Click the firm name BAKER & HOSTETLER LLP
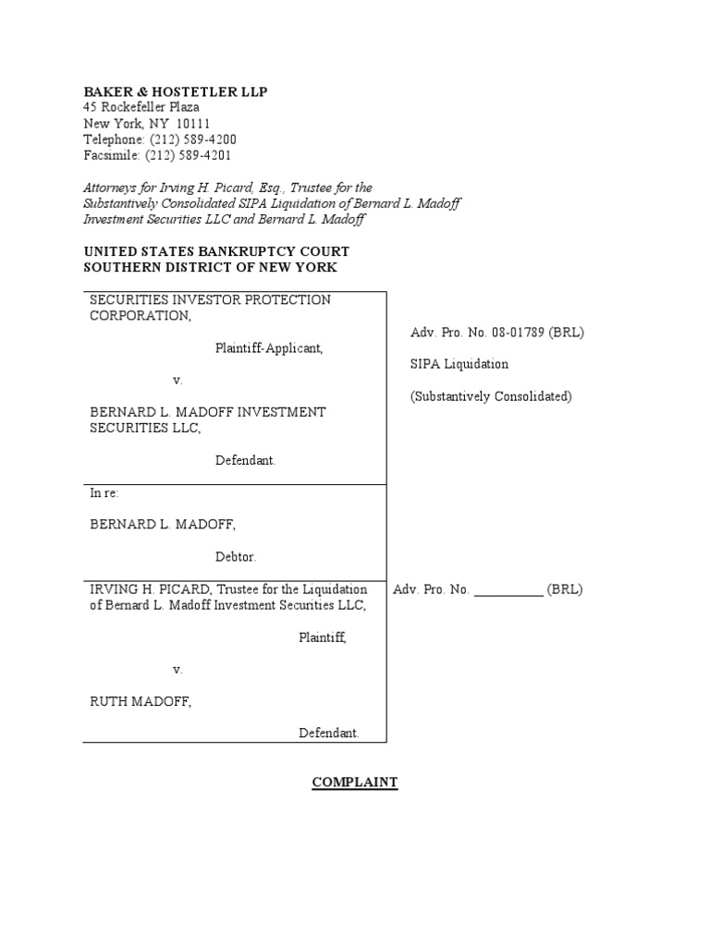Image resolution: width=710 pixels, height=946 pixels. [176, 91]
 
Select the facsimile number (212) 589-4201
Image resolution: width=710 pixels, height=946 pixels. [190, 156]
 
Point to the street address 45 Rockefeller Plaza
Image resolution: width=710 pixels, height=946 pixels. [141, 107]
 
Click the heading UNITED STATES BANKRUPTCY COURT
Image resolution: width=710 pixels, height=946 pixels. [216, 251]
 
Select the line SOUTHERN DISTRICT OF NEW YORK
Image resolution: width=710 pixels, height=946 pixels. [211, 267]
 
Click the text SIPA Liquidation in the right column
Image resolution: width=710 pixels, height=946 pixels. [459, 364]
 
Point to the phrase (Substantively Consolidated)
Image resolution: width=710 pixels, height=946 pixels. [491, 396]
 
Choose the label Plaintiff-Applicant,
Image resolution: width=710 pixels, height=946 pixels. [269, 348]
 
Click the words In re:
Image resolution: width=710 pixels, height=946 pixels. [104, 493]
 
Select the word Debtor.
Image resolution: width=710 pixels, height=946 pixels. [236, 557]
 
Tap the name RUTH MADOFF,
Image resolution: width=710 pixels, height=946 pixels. [141, 701]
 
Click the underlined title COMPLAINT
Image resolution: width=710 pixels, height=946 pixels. [355, 782]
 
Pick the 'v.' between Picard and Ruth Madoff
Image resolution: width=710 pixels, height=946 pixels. [177, 669]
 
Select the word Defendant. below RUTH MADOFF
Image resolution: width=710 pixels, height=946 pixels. [328, 733]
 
